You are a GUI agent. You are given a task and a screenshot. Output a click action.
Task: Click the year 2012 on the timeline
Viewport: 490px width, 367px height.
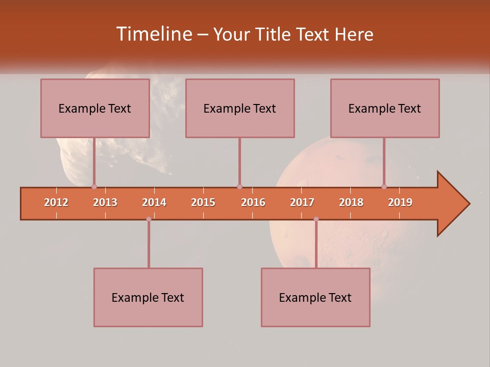56,202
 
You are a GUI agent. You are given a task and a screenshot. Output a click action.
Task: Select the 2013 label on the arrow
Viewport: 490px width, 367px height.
105,202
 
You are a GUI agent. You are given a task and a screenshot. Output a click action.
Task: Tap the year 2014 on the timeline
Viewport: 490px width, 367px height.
154,202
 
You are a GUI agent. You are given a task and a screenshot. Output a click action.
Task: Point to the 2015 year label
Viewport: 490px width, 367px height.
203,202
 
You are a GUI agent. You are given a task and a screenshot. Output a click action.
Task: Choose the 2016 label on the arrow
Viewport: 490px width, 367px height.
253,202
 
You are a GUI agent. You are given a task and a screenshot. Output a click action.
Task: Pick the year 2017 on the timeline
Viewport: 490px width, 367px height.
302,202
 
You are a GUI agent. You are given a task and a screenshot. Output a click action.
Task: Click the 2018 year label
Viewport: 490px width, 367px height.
351,202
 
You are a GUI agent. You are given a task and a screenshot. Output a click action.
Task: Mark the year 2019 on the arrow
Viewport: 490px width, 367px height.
400,202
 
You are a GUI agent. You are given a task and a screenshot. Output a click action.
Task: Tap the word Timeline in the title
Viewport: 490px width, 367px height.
153,34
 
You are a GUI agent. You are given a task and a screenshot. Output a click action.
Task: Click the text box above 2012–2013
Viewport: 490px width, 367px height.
95,108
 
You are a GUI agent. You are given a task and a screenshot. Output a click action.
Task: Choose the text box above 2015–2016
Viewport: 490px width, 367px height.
240,108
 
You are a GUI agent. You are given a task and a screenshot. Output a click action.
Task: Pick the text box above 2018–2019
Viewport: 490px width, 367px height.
385,108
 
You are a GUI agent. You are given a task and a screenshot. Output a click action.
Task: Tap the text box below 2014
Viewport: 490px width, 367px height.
148,297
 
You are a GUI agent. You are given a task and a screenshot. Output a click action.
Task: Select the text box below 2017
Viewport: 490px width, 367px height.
315,297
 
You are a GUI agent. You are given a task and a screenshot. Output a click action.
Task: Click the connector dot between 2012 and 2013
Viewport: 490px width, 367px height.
94,187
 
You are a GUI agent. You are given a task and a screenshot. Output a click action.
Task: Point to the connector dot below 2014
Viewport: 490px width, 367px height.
149,219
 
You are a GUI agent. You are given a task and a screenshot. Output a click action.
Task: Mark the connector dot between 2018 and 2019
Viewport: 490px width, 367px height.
384,187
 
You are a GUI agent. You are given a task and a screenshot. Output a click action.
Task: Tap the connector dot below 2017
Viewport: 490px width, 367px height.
316,219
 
